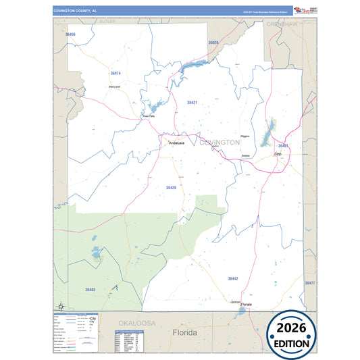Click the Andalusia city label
point(176,143)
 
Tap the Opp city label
point(278,155)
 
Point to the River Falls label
point(149,116)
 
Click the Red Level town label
point(114,86)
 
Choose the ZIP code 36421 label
point(192,103)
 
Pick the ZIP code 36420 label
point(172,187)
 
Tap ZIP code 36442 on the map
point(233,278)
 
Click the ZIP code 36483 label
point(91,289)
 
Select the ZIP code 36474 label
point(115,73)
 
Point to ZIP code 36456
point(71,34)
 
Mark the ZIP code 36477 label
point(310,283)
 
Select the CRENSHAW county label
point(282,24)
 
